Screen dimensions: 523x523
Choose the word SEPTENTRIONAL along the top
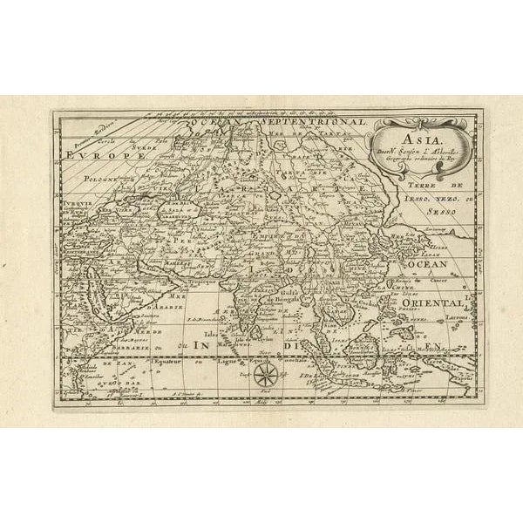click(x=311, y=124)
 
